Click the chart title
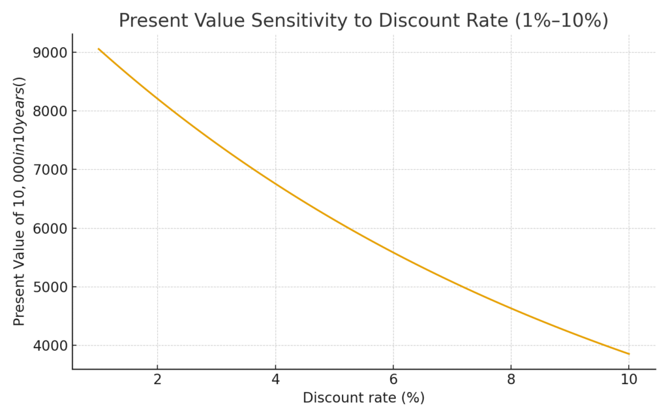(x=363, y=20)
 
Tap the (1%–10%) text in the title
(x=562, y=21)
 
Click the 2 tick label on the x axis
(x=157, y=380)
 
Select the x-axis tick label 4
(x=275, y=380)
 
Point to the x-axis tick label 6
(x=393, y=380)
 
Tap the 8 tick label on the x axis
(x=511, y=380)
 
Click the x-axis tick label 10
(x=628, y=380)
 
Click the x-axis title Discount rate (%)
(x=363, y=398)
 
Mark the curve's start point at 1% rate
(x=99, y=48)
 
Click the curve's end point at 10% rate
(x=629, y=354)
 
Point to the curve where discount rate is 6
(x=393, y=253)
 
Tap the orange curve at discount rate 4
(x=275, y=184)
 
